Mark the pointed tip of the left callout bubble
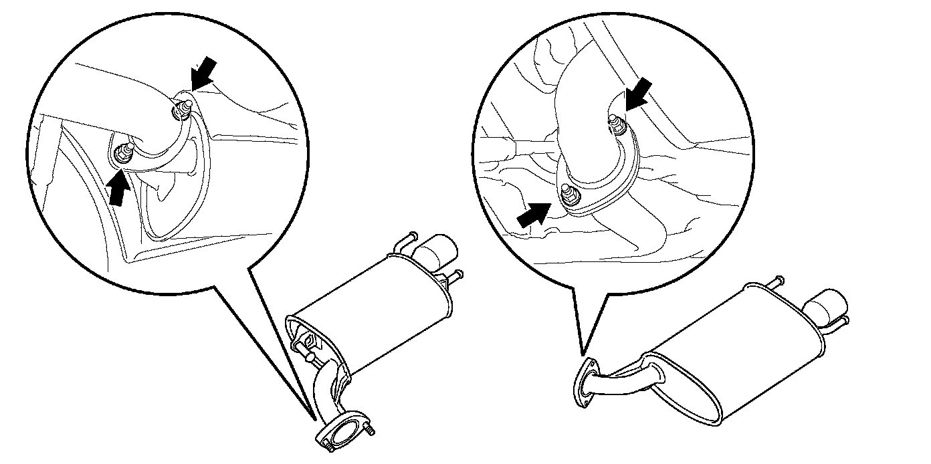tap(314, 419)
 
